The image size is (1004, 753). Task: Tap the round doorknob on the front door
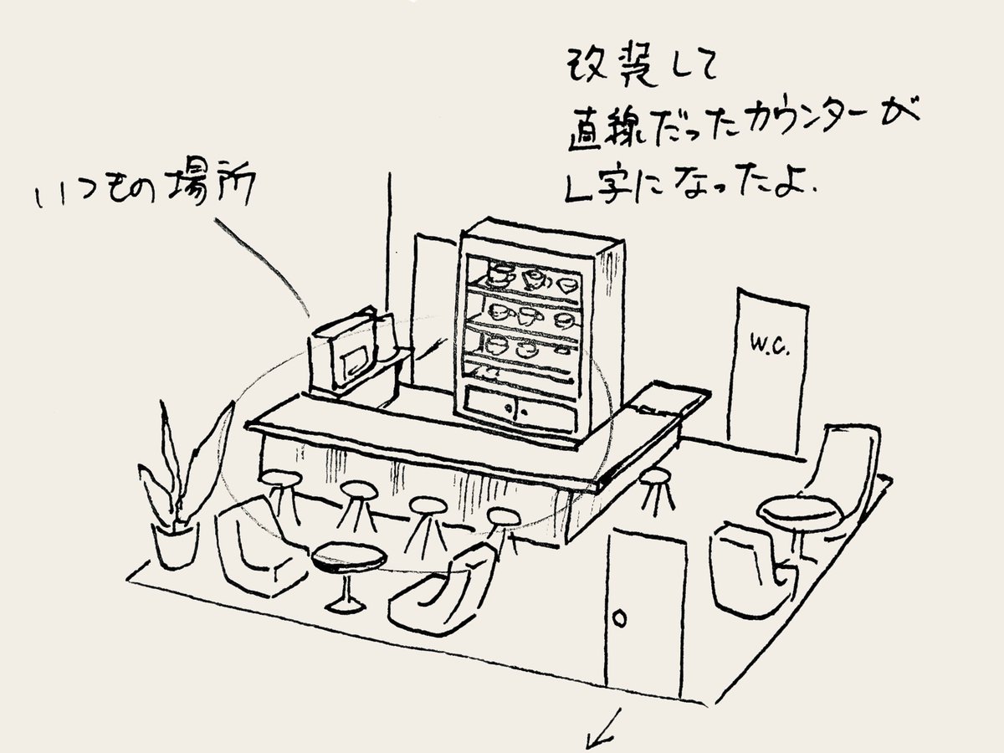tap(620, 620)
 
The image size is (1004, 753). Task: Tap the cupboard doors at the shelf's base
tap(519, 409)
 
